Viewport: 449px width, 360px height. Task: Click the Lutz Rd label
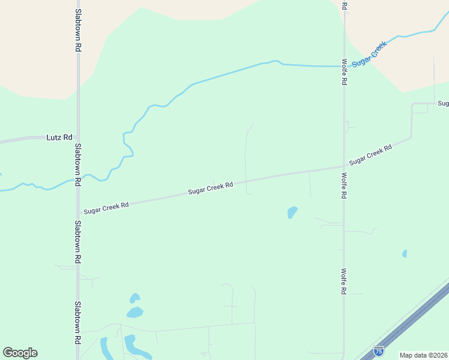[59, 137]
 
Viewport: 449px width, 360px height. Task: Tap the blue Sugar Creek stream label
[370, 53]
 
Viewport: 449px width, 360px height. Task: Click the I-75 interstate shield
[379, 351]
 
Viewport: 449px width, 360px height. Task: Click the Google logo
[20, 353]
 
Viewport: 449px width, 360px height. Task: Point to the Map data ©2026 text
[423, 355]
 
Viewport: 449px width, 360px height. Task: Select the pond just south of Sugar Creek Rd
[292, 212]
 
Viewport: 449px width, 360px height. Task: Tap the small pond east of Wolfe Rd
[405, 254]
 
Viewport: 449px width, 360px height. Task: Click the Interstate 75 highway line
[414, 317]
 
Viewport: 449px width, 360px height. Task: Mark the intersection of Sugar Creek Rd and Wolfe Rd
[343, 166]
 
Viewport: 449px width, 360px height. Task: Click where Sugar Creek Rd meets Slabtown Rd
[78, 212]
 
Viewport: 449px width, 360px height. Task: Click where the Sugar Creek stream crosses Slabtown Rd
[78, 179]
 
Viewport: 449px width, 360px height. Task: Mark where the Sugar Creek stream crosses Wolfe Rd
[343, 66]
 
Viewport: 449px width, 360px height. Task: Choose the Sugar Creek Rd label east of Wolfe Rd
[370, 154]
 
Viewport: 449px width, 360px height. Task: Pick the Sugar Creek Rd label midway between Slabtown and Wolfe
[210, 188]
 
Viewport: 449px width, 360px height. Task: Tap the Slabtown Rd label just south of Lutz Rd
[77, 160]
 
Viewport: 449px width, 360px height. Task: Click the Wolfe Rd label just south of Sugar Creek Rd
[344, 186]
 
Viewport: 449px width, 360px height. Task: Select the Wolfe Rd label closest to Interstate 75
[344, 281]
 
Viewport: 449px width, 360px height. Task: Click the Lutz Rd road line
[24, 140]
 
